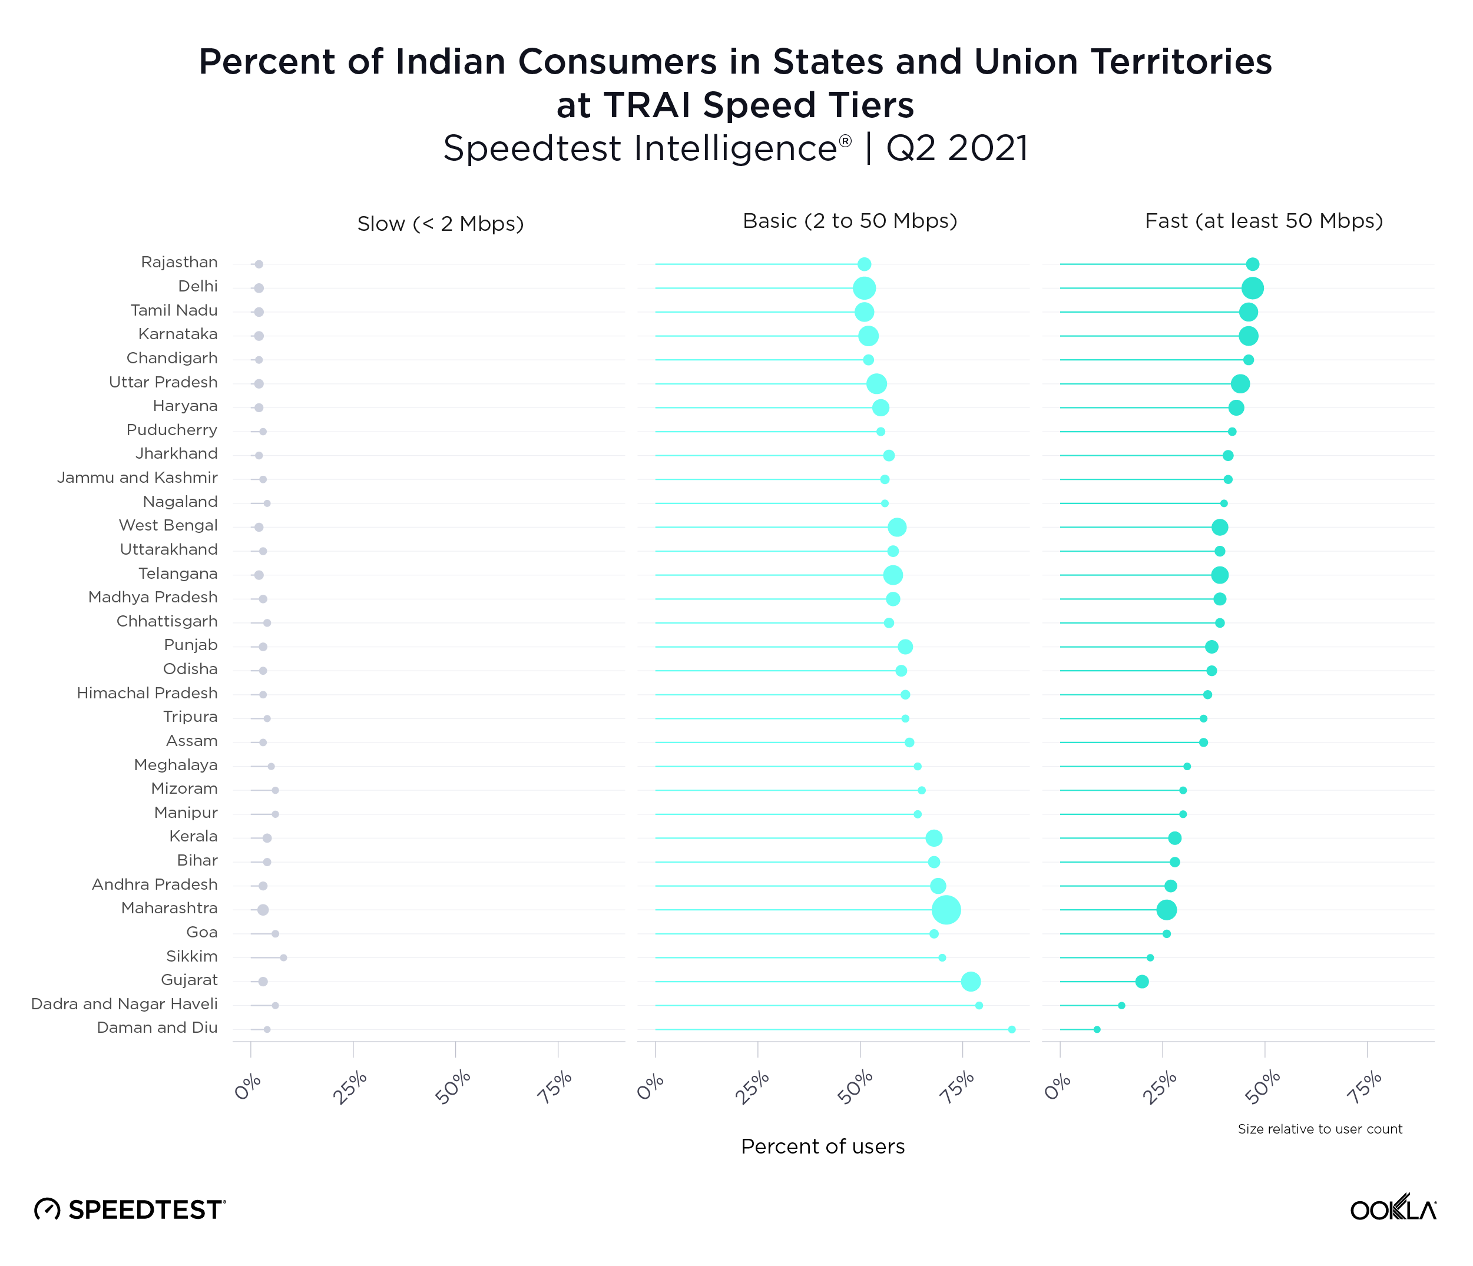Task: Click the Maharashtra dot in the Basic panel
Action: pos(946,910)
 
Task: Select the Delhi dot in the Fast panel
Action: pos(1253,288)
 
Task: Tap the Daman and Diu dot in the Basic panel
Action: pos(1012,1029)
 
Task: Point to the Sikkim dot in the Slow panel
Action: pos(284,957)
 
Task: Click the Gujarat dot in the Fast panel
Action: pos(1142,982)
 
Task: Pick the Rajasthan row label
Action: pos(179,262)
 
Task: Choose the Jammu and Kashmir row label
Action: pos(137,478)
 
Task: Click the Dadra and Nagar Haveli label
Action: pos(124,1004)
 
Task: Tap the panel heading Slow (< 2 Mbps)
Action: pos(440,224)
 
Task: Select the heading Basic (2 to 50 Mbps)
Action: pos(849,221)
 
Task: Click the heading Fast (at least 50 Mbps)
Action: pos(1263,221)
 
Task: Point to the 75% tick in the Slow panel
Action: pos(554,1087)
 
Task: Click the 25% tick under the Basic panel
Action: pos(753,1087)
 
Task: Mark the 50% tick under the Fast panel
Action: pos(1262,1087)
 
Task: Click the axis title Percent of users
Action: pos(823,1146)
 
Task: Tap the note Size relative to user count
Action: pos(1319,1129)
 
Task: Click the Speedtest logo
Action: pos(130,1209)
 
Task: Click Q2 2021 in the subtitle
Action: pos(957,148)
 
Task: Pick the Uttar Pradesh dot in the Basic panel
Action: pos(876,384)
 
